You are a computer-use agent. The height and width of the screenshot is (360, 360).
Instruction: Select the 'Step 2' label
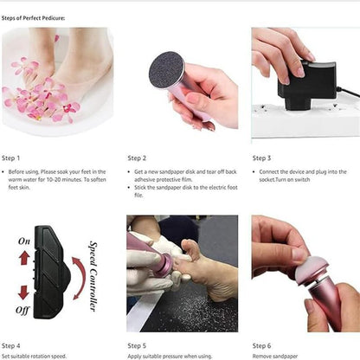137,158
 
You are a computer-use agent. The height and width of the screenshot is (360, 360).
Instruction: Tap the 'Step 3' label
261,158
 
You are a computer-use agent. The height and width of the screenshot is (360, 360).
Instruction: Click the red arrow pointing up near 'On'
25,258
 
